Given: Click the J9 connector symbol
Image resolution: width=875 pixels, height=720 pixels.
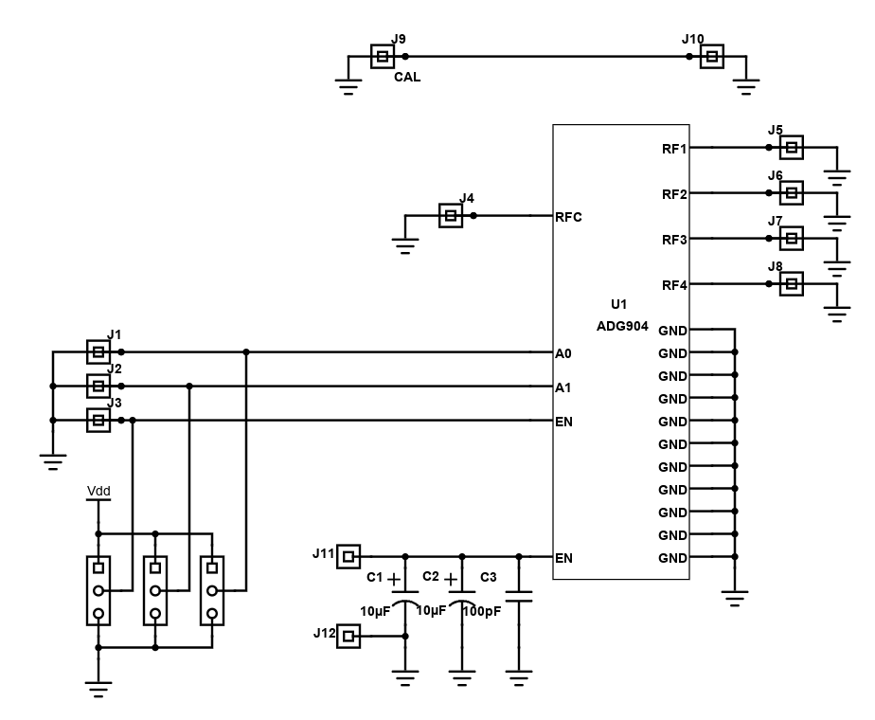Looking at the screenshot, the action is pyautogui.click(x=383, y=57).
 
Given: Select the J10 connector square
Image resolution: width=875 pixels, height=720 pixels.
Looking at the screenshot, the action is pyautogui.click(x=712, y=57).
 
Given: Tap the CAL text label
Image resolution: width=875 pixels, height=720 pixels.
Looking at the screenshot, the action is pyautogui.click(x=407, y=77).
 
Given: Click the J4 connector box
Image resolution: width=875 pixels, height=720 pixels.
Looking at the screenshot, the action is pyautogui.click(x=451, y=215).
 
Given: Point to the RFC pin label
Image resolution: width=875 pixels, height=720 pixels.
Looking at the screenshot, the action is pyautogui.click(x=568, y=217).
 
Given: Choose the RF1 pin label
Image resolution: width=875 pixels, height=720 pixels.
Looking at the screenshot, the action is pyautogui.click(x=674, y=149).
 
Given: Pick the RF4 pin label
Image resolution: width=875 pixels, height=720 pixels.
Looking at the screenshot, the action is pyautogui.click(x=674, y=285).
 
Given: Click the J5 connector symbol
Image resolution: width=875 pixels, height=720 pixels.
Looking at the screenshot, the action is pyautogui.click(x=792, y=148).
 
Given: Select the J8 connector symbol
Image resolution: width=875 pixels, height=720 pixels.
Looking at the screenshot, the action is pyautogui.click(x=792, y=283).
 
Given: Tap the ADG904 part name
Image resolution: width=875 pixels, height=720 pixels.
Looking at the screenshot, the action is pyautogui.click(x=622, y=326).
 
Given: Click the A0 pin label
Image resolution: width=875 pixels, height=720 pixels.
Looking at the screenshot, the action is pyautogui.click(x=563, y=353).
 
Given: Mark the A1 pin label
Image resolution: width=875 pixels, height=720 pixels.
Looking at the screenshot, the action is pyautogui.click(x=563, y=387).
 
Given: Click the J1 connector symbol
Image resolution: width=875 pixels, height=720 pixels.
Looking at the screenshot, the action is pyautogui.click(x=98, y=351).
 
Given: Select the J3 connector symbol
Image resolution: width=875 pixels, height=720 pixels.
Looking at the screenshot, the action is pyautogui.click(x=98, y=420).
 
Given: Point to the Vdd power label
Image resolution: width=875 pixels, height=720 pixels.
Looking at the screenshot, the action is pyautogui.click(x=98, y=491).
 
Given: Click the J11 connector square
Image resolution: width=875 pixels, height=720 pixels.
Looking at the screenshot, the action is pyautogui.click(x=348, y=556).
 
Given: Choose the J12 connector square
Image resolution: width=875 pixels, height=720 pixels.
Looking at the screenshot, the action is pyautogui.click(x=348, y=637).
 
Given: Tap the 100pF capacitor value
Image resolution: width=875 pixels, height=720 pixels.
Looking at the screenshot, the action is pyautogui.click(x=482, y=611).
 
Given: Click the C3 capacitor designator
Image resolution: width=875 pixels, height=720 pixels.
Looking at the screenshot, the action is pyautogui.click(x=489, y=577).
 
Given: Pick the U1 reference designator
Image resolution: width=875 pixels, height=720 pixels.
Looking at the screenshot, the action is pyautogui.click(x=619, y=304).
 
